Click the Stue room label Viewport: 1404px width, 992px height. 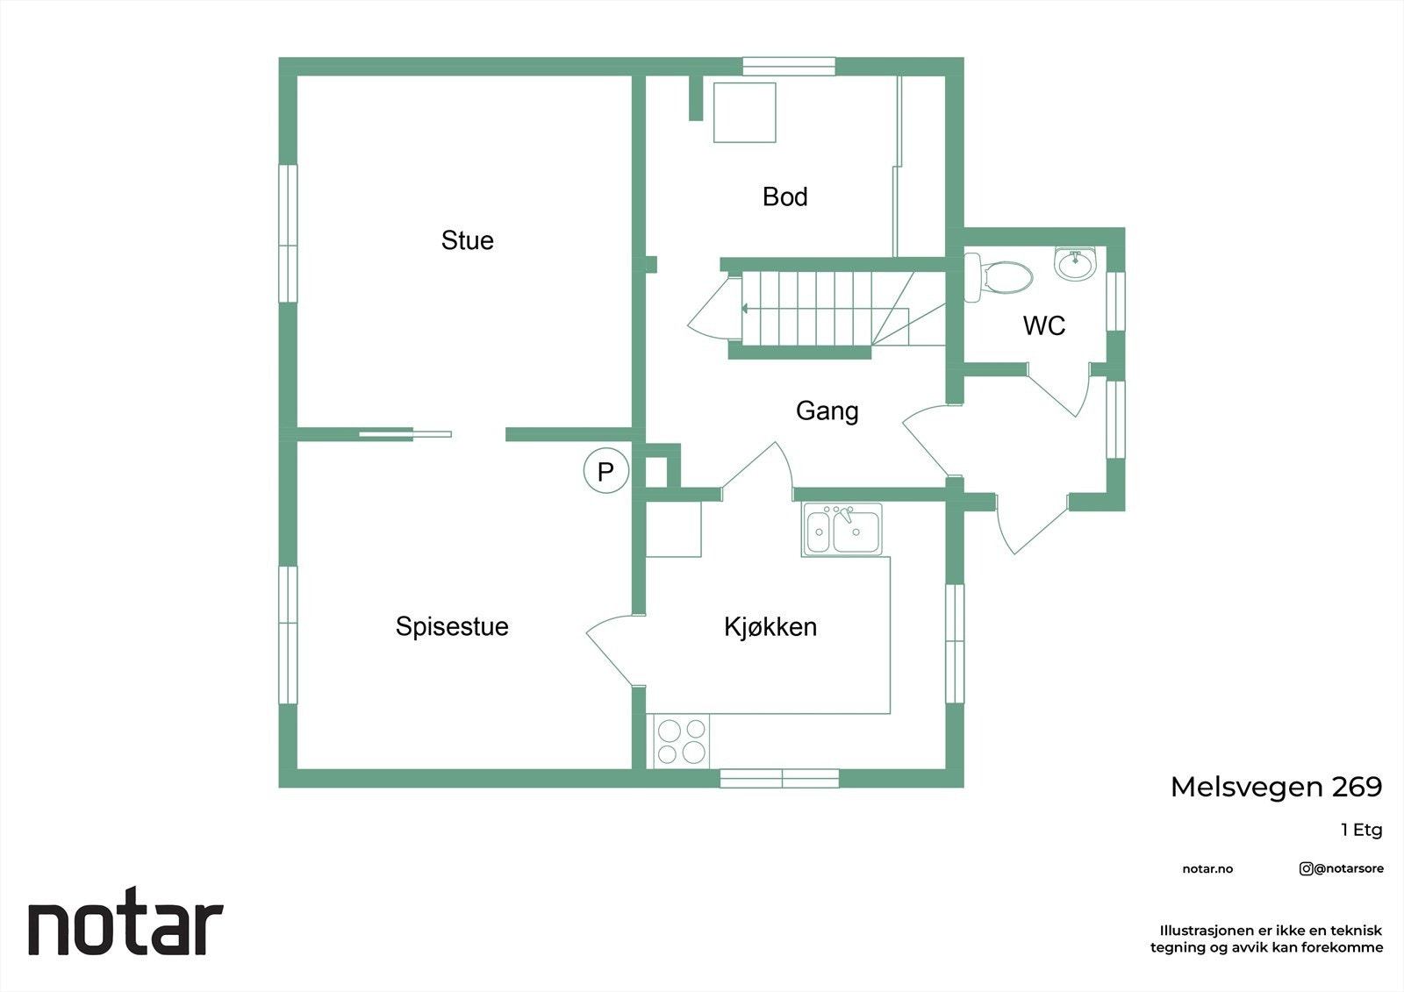coord(467,240)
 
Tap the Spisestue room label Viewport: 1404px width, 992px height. coord(452,626)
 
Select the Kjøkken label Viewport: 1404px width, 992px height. coord(770,627)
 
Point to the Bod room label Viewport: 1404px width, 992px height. coord(784,196)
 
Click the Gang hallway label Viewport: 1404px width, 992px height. coord(827,410)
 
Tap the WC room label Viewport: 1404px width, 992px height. coord(1044,325)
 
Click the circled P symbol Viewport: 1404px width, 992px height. coord(605,471)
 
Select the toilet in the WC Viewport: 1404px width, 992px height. coord(1000,277)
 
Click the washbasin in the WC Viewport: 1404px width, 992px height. coord(1075,262)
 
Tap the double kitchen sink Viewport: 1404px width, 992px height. coord(842,530)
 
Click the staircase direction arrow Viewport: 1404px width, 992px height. coord(745,309)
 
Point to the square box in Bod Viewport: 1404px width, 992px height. coord(744,112)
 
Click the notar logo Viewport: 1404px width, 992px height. coord(125,927)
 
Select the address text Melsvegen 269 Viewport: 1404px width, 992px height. coord(1276,787)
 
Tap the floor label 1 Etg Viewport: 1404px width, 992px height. coord(1361,830)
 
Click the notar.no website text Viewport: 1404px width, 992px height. coord(1207,869)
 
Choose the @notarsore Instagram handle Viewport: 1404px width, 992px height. coord(1342,869)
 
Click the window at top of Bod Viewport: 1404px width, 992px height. coord(789,67)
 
